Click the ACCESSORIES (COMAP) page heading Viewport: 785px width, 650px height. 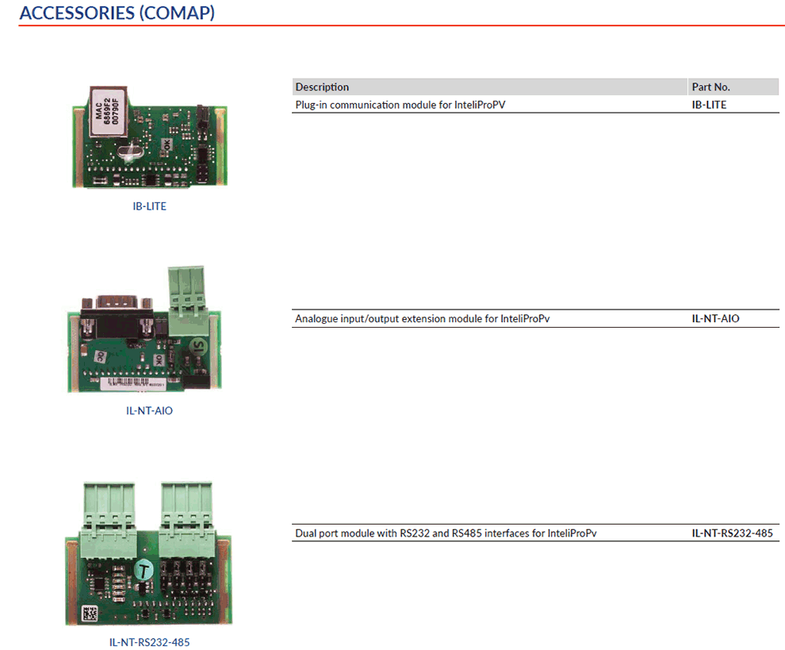[x=117, y=13]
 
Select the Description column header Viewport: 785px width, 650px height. [x=322, y=87]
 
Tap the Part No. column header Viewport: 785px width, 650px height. [x=710, y=87]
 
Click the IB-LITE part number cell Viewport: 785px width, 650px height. [x=709, y=104]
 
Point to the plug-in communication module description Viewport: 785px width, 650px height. [x=400, y=104]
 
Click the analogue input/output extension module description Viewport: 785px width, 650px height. [x=422, y=319]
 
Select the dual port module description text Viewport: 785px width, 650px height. [x=445, y=533]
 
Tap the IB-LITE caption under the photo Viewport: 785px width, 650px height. [x=149, y=206]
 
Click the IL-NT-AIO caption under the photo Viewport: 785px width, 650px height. [x=149, y=411]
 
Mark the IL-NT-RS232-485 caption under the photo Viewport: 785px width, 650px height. [x=149, y=641]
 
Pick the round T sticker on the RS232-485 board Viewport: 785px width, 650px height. [x=144, y=569]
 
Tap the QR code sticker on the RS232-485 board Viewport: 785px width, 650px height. [x=87, y=613]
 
